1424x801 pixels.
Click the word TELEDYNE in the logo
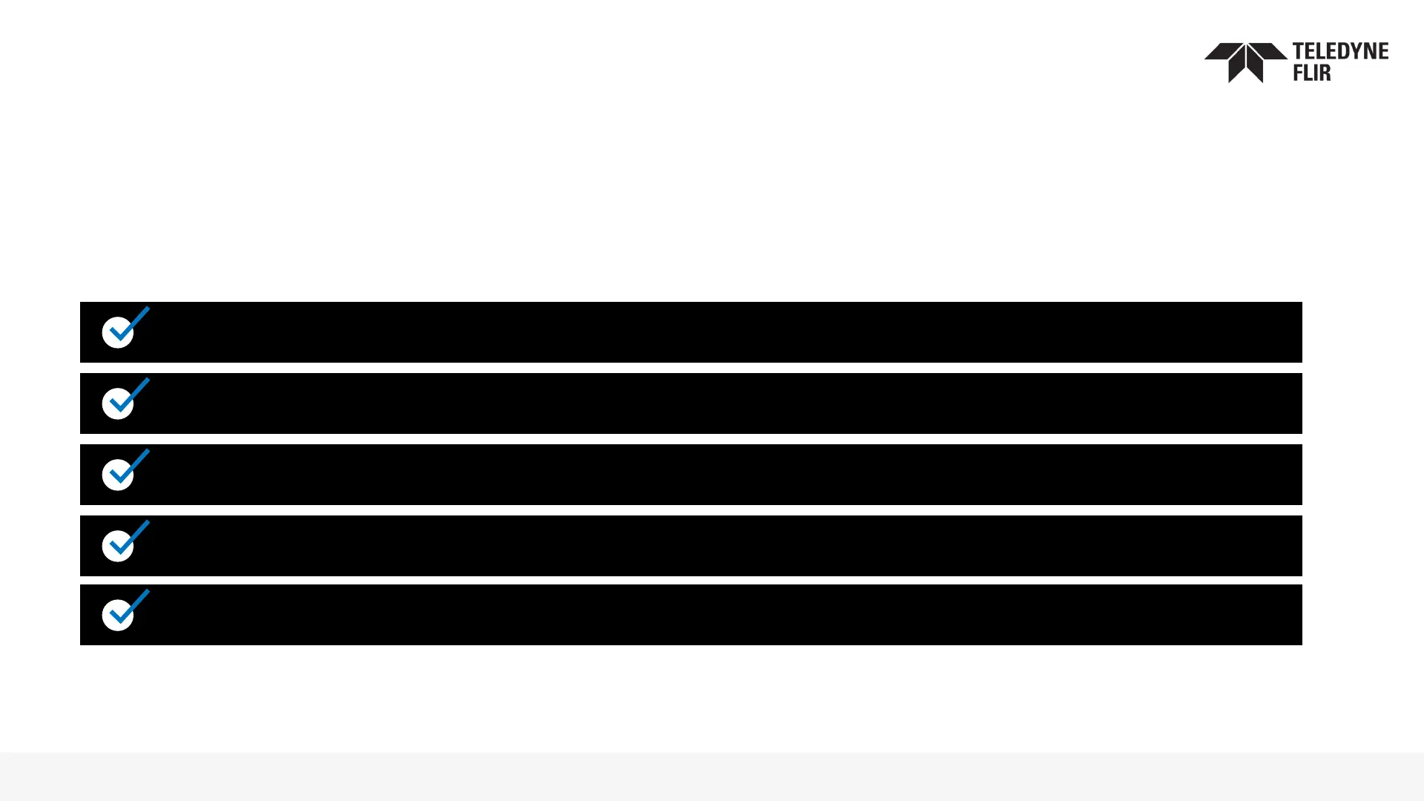[1340, 51]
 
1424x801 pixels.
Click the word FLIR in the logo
[1312, 72]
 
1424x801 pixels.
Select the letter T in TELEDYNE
[1299, 51]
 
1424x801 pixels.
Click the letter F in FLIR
[1299, 72]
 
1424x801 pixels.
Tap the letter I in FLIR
[1313, 72]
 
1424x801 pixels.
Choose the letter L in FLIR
[1307, 72]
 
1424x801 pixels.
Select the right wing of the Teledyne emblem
[1268, 51]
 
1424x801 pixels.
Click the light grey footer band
[712, 777]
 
